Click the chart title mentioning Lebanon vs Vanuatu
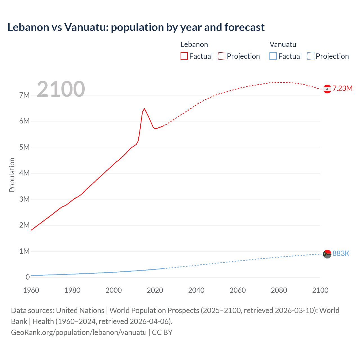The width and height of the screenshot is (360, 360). click(136, 27)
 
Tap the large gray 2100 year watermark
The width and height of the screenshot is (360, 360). click(61, 89)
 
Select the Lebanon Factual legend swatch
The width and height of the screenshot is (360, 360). click(184, 56)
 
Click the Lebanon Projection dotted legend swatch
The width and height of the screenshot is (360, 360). click(222, 56)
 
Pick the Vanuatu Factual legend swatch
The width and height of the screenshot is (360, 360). click(273, 56)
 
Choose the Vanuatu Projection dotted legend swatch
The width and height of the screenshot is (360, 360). click(310, 56)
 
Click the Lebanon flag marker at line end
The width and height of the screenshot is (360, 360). click(327, 89)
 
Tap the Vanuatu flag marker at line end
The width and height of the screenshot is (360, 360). click(327, 254)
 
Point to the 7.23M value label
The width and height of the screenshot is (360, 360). click(342, 89)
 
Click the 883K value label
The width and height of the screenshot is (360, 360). click(341, 254)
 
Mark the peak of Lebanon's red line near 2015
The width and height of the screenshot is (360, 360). click(144, 109)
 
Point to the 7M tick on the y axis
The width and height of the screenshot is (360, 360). click(24, 95)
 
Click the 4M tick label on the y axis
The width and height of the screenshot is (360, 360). click(24, 173)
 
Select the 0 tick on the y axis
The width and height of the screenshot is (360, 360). click(28, 277)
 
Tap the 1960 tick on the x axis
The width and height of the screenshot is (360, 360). click(31, 290)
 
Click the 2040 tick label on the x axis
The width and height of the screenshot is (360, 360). click(196, 290)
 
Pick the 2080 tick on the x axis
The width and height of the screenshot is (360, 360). click(279, 290)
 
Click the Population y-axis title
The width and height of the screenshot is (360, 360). click(12, 175)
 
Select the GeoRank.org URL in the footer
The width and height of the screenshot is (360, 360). click(79, 332)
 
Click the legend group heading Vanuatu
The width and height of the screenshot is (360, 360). click(283, 44)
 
